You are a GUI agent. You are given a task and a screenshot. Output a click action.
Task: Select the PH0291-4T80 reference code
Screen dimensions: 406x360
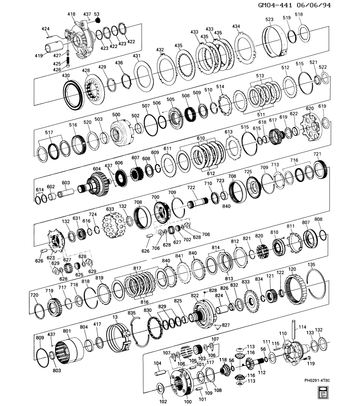pos(317,380)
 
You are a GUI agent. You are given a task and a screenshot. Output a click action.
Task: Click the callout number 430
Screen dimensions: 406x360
pos(66,75)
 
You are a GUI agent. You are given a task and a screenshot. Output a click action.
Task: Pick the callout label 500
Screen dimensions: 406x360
pos(116,114)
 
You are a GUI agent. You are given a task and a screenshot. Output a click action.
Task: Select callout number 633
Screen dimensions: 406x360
pos(110,209)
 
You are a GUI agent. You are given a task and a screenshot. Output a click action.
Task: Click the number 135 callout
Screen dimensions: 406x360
pos(312,265)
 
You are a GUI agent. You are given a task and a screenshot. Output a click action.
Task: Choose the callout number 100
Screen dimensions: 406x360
pos(188,401)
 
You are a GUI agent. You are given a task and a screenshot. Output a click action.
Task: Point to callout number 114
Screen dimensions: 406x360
pos(302,326)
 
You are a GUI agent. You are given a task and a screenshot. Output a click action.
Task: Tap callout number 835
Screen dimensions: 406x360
pos(132,313)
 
